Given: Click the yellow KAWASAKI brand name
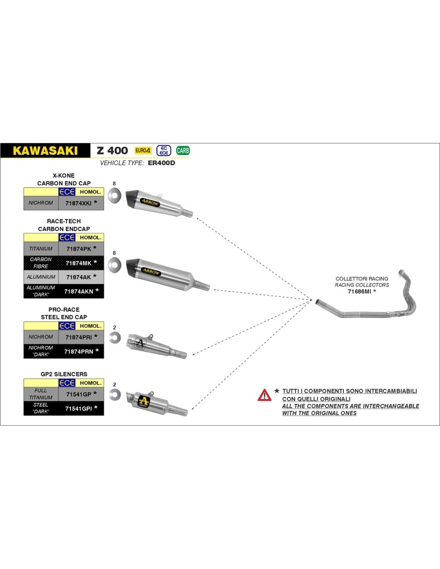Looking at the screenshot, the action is coord(45,150).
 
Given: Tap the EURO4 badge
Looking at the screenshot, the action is coord(143,150).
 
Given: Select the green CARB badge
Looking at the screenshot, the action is coord(183,150).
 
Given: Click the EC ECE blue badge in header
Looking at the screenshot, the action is coord(164,150).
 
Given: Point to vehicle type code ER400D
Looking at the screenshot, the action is coord(162,163).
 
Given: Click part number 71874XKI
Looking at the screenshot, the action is coord(78,203).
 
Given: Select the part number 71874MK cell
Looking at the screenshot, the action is coord(81,263).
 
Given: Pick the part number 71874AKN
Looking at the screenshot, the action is coord(78,291).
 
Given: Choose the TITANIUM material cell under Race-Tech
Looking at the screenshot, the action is coord(41,248).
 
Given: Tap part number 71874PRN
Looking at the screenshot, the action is coord(78,352).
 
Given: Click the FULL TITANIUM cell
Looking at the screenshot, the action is coord(41,394).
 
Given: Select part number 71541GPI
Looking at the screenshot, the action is coord(78,409).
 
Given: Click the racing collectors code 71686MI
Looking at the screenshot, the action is coord(359,291).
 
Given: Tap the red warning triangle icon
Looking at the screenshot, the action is coord(264,395).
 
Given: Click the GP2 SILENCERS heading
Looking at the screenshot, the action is coord(64,374).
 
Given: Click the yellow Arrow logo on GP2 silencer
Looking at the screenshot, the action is coord(144,401).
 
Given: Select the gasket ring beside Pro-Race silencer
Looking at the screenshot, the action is coord(115,338).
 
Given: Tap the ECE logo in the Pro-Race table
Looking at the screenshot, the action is coord(67,326).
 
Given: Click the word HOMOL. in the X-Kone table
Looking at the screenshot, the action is coord(90,192).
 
